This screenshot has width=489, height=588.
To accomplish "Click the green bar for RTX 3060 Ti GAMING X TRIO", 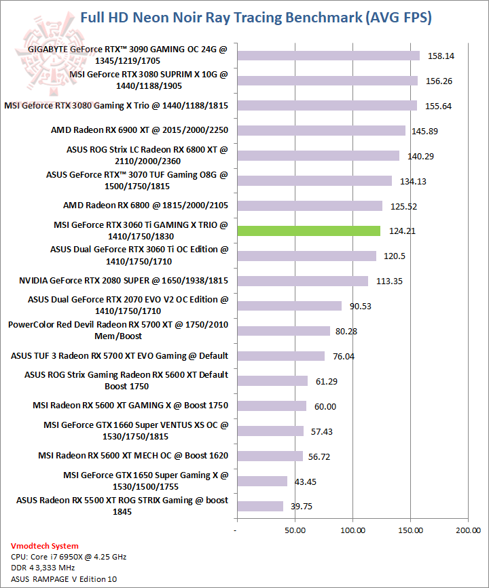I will [308, 231].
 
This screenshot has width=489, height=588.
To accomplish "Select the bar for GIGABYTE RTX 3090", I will [328, 56].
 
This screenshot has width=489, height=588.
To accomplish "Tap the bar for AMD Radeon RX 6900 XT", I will [321, 130].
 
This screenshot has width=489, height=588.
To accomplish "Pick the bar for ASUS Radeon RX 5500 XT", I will [259, 506].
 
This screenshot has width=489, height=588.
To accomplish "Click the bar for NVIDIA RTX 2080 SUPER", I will [302, 281].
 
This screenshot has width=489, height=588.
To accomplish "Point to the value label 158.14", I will [441, 56].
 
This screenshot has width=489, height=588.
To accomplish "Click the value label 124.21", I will [402, 231].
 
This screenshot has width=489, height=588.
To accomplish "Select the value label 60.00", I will [325, 406].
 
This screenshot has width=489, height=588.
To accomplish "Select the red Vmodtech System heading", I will [45, 546].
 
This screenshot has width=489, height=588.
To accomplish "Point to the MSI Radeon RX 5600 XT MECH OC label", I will [133, 456].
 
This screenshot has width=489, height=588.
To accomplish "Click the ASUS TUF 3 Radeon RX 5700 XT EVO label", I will [120, 355].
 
